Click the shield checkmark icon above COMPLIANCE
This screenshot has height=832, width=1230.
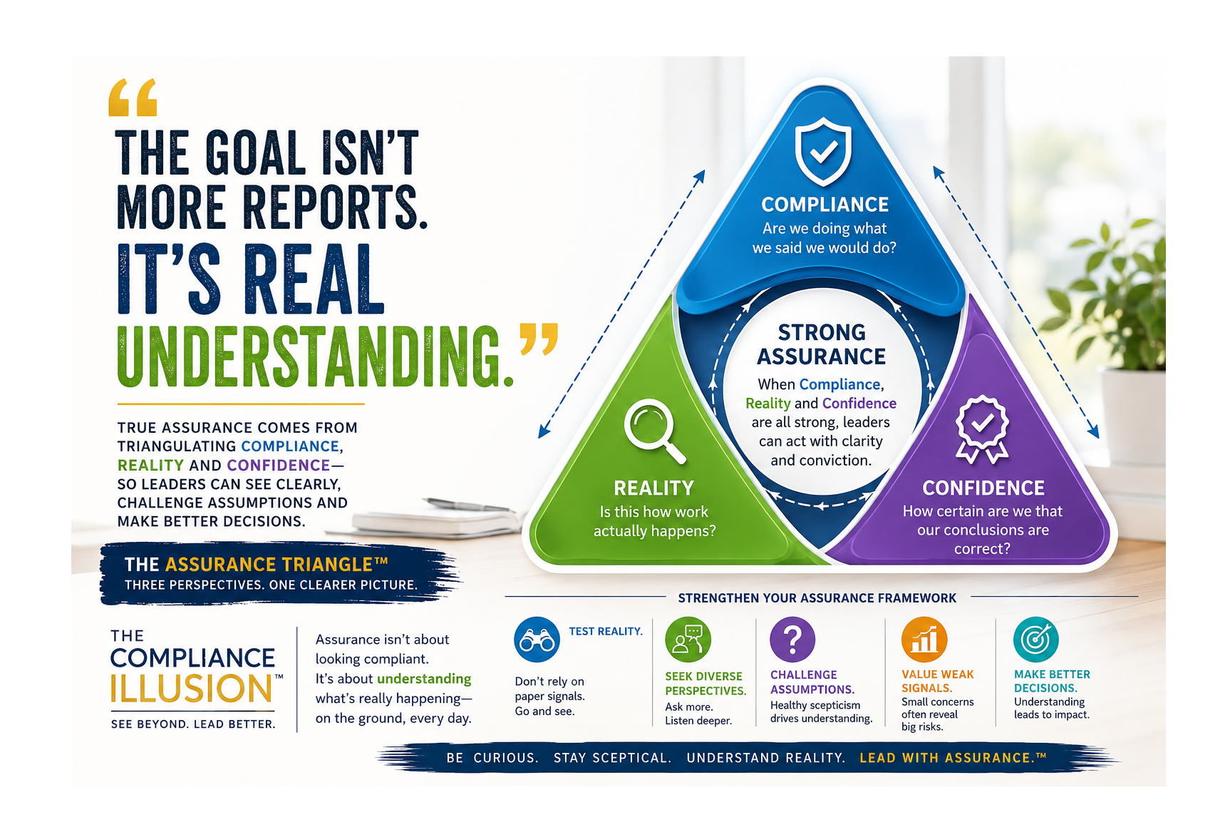[x=823, y=152]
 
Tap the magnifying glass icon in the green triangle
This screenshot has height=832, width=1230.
[x=654, y=431]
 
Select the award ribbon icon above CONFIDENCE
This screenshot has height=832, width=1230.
[x=982, y=429]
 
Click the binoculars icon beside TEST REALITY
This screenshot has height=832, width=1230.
[x=537, y=640]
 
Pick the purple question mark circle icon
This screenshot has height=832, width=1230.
[x=792, y=640]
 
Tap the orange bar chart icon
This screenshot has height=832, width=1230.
[x=924, y=640]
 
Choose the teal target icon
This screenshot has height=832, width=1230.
[x=1036, y=640]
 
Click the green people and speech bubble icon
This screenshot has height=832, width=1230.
[x=688, y=640]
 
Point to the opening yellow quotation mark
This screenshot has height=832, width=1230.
[x=133, y=98]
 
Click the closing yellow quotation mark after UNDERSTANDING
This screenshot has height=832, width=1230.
[x=539, y=339]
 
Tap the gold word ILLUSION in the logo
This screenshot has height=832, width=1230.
[x=192, y=689]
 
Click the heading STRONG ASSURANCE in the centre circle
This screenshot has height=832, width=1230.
[x=822, y=344]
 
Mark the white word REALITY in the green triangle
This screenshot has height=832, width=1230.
[x=654, y=488]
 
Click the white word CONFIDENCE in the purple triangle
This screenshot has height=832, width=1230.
[x=983, y=488]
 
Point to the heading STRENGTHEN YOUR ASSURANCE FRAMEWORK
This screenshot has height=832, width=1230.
[x=817, y=598]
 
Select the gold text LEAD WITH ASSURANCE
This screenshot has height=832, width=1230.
[x=953, y=758]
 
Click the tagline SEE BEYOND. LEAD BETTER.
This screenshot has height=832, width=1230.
[x=193, y=724]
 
